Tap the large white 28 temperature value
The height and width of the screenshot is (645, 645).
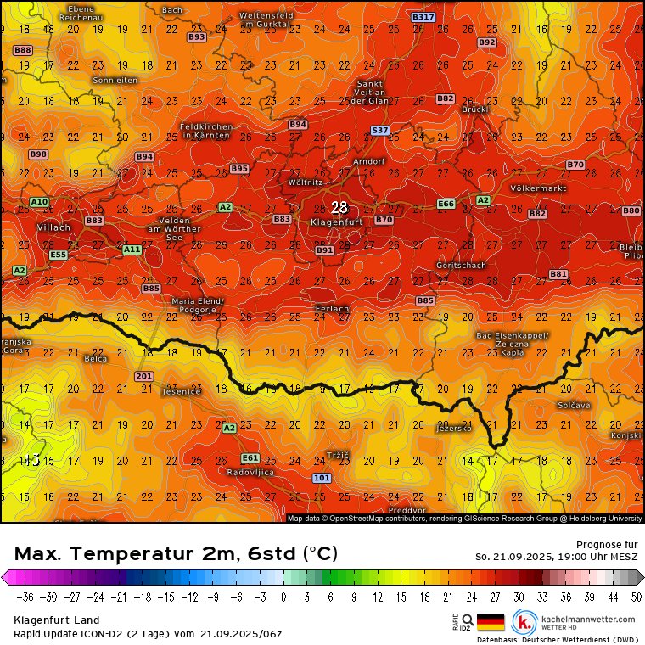[339, 207]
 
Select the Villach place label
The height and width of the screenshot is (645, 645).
[54, 227]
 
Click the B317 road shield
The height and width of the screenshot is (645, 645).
[423, 17]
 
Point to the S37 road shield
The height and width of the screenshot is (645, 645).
[380, 130]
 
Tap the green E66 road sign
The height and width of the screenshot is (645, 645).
[446, 204]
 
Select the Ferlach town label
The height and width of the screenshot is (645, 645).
[332, 309]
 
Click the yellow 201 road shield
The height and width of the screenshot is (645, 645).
[143, 376]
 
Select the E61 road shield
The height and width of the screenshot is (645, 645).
[250, 457]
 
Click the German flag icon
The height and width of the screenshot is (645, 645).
[491, 622]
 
